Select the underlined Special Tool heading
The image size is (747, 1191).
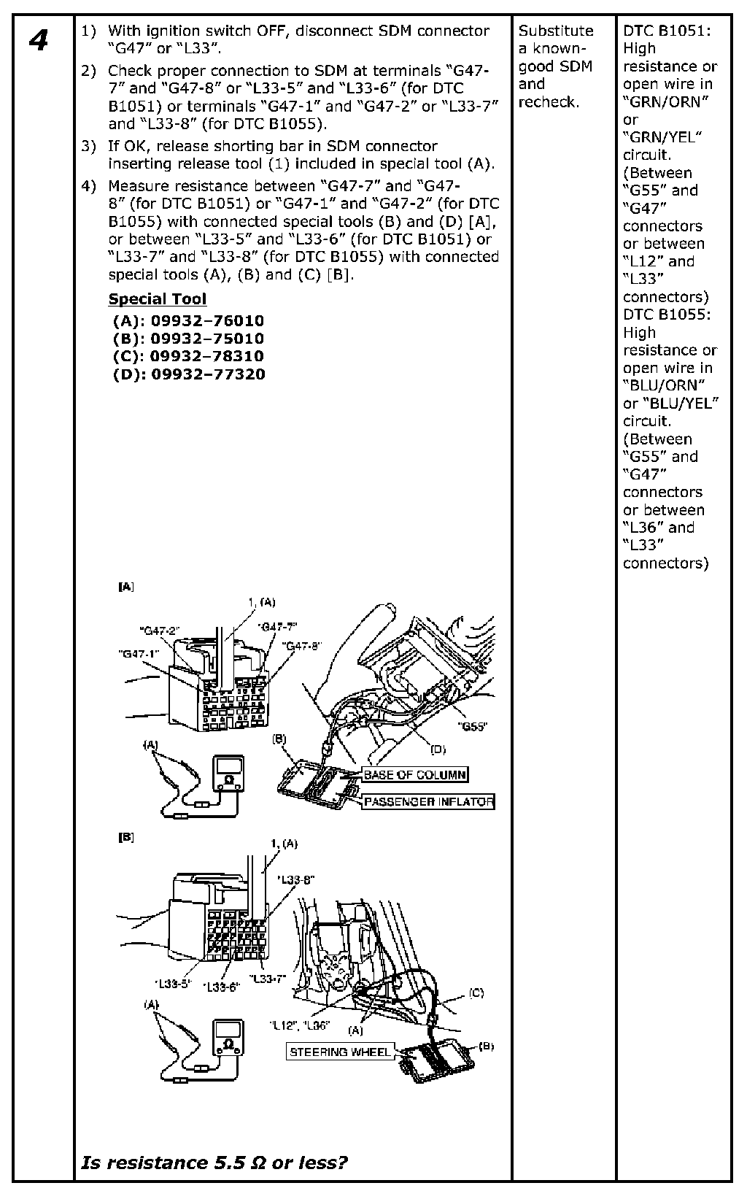(x=157, y=299)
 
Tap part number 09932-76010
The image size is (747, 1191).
(x=207, y=321)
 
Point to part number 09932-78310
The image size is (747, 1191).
(x=207, y=357)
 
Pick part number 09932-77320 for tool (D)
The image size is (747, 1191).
(x=207, y=374)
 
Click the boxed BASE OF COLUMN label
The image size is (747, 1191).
(x=415, y=775)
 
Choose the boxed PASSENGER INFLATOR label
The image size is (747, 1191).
(x=428, y=802)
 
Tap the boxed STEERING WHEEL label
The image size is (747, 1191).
(x=340, y=1052)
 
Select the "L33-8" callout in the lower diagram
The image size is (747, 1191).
(x=296, y=880)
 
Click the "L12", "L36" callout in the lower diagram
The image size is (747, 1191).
(x=299, y=1025)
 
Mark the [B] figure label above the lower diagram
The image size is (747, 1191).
(x=125, y=838)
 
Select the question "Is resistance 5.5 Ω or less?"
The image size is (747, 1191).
(x=214, y=1162)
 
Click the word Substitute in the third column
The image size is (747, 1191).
(x=556, y=31)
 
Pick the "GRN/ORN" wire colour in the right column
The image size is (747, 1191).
(x=666, y=101)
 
